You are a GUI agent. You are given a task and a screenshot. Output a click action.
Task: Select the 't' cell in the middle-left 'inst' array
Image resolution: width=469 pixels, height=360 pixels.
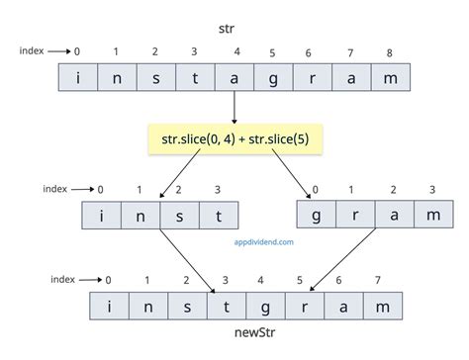218,216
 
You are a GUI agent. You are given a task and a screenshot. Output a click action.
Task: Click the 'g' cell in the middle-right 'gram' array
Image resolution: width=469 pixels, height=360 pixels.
316,216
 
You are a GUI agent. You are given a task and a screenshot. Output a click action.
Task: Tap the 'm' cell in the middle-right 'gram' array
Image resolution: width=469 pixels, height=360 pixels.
430,216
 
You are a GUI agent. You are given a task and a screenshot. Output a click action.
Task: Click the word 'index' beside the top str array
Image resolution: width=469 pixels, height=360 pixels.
32,49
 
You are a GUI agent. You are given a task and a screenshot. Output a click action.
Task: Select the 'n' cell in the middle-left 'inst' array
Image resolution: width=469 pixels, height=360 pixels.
141,216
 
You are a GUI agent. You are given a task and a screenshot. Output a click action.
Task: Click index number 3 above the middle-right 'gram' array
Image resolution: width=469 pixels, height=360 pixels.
430,189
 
